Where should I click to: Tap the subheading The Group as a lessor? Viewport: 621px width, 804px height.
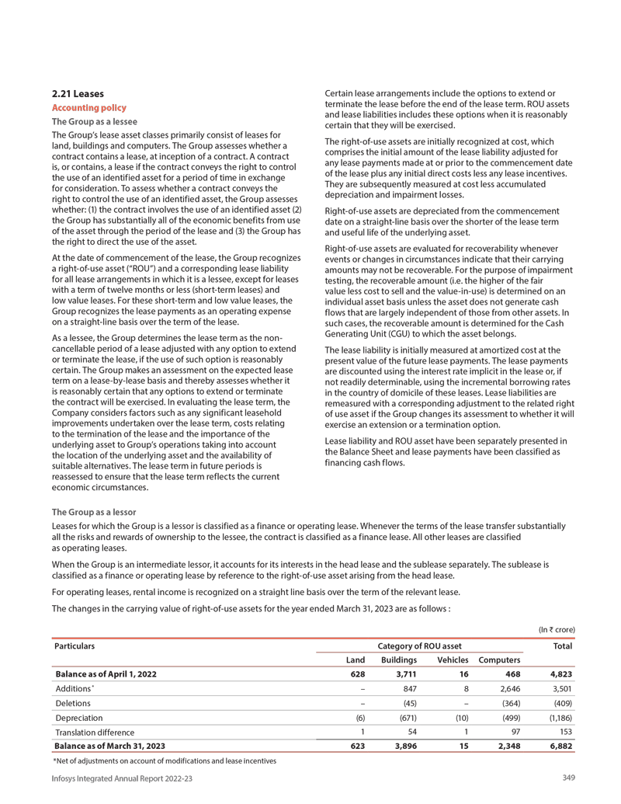[93, 512]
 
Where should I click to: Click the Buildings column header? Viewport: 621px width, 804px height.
[400, 660]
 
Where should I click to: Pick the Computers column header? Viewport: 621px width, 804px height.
[499, 660]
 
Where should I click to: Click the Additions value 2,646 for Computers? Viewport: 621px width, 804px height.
[508, 689]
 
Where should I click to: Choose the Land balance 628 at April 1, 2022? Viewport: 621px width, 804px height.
[358, 674]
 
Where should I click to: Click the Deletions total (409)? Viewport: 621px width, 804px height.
[560, 704]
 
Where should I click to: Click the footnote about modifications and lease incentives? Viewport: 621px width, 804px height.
[163, 760]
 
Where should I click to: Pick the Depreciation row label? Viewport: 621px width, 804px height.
[79, 718]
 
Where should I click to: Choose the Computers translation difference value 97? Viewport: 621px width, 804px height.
[514, 733]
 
